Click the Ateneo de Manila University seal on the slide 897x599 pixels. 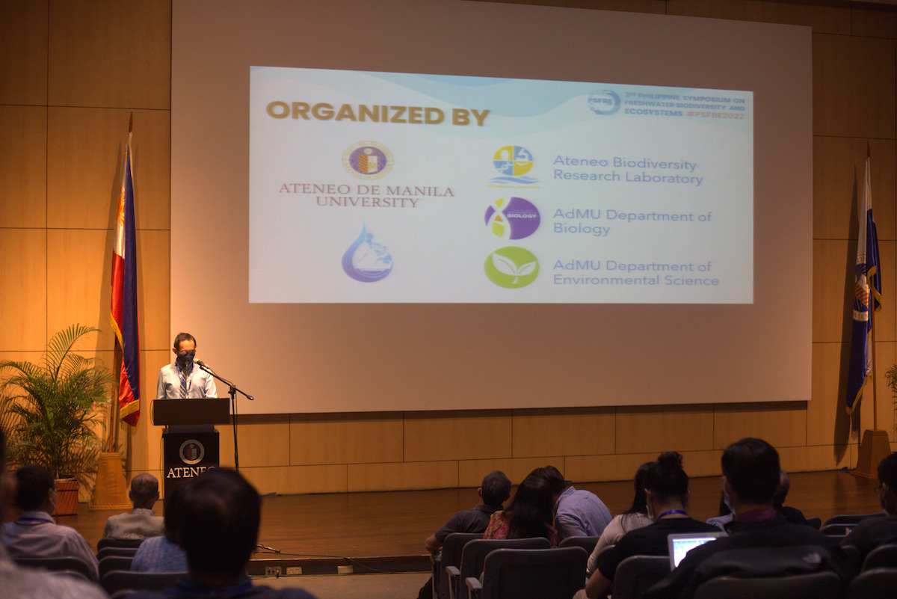tap(367, 161)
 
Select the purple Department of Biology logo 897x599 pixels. tap(512, 218)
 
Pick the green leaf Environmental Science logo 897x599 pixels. tap(511, 267)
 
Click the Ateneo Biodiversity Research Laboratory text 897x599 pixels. tap(626, 171)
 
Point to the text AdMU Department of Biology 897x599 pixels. tap(632, 222)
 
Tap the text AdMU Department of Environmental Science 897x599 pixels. tap(635, 273)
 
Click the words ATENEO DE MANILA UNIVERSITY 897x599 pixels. tap(366, 196)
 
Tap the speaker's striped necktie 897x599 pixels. tap(183, 382)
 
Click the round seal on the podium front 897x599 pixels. tap(191, 451)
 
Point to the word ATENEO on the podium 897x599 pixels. tap(191, 472)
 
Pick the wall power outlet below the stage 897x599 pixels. tap(274, 571)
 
